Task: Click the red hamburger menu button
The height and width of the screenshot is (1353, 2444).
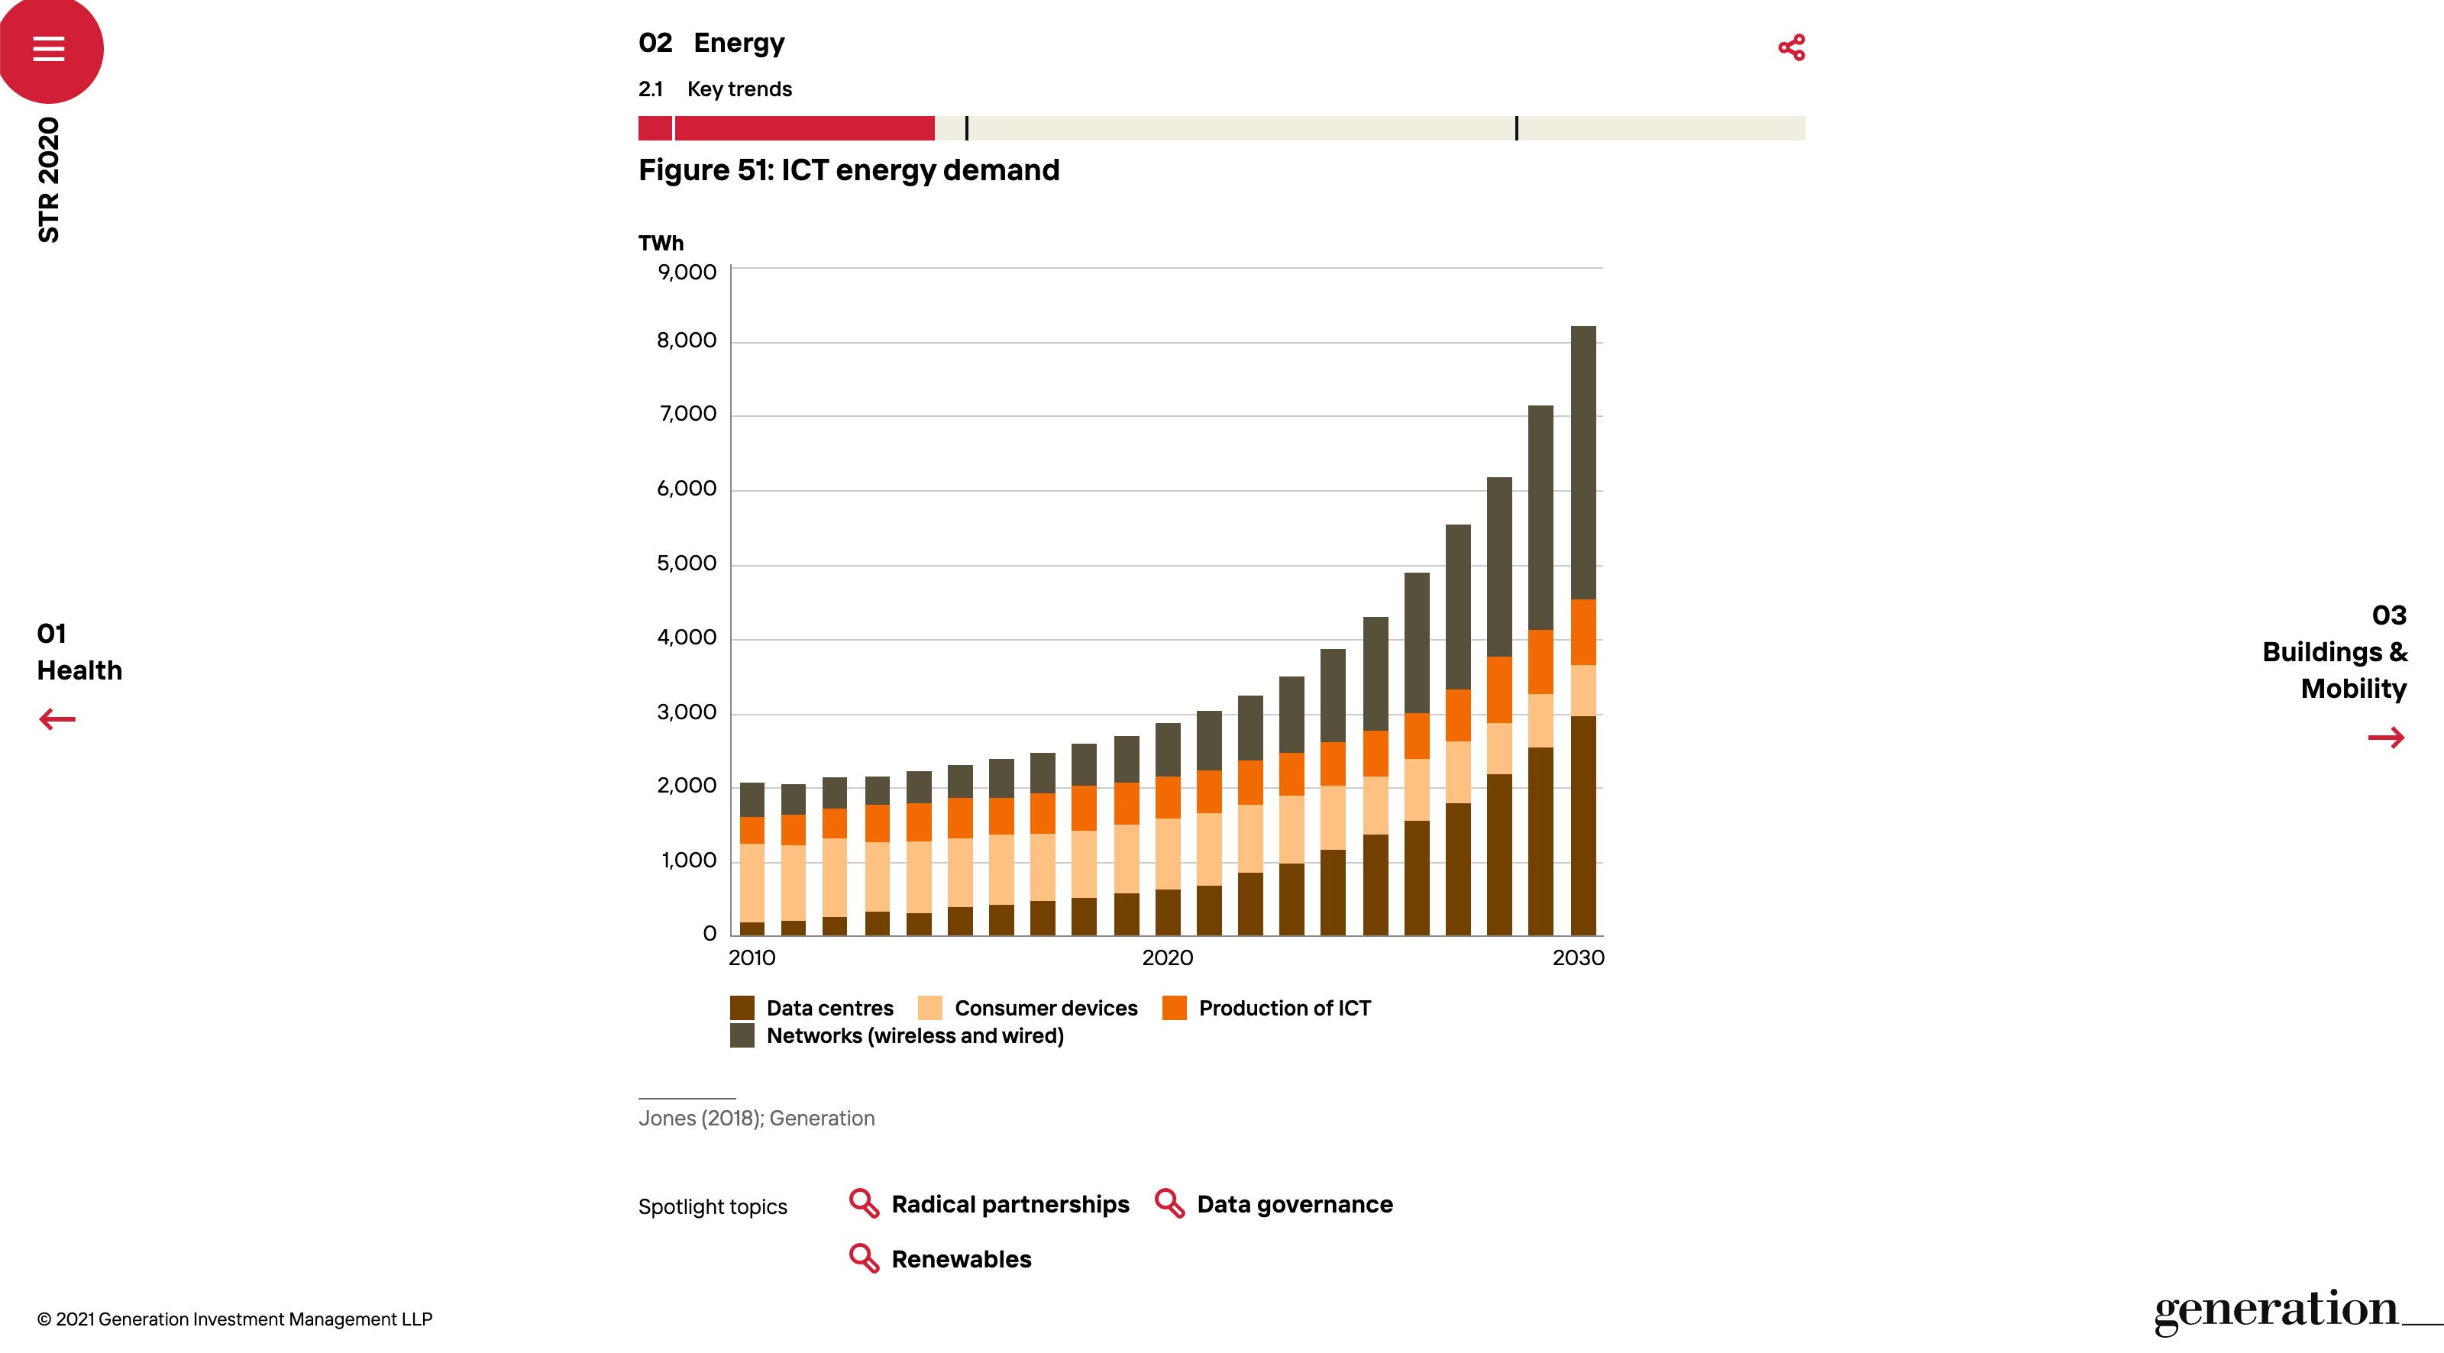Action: pyautogui.click(x=48, y=47)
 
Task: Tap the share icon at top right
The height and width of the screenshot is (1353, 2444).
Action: pyautogui.click(x=1791, y=47)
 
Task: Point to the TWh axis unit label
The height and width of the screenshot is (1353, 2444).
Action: pyautogui.click(x=661, y=243)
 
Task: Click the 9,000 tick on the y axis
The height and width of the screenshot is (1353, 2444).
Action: pyautogui.click(x=687, y=273)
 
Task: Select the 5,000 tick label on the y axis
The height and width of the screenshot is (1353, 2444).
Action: pyautogui.click(x=687, y=563)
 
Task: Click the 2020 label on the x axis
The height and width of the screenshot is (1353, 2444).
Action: pyautogui.click(x=1167, y=957)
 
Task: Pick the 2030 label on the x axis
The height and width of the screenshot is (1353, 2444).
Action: pyautogui.click(x=1578, y=957)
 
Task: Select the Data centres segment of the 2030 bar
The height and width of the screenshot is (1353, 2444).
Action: pyautogui.click(x=1582, y=825)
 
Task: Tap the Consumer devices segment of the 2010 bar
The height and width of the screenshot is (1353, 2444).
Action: pyautogui.click(x=752, y=883)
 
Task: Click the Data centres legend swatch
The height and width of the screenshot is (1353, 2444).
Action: pyautogui.click(x=742, y=1008)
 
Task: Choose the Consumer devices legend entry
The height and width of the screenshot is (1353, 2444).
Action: pyautogui.click(x=1046, y=1008)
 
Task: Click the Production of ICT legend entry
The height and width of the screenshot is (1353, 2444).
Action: pyautogui.click(x=1284, y=1008)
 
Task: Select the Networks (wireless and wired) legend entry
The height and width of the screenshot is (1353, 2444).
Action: pyautogui.click(x=915, y=1035)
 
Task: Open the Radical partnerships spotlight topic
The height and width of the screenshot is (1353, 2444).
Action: pyautogui.click(x=1010, y=1204)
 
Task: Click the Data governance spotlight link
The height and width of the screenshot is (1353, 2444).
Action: pyautogui.click(x=1294, y=1204)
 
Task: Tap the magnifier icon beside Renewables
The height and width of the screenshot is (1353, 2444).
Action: pyautogui.click(x=863, y=1258)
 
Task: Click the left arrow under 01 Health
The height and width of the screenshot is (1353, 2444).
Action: pyautogui.click(x=57, y=719)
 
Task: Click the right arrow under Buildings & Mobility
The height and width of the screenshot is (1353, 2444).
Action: pyautogui.click(x=2385, y=738)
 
